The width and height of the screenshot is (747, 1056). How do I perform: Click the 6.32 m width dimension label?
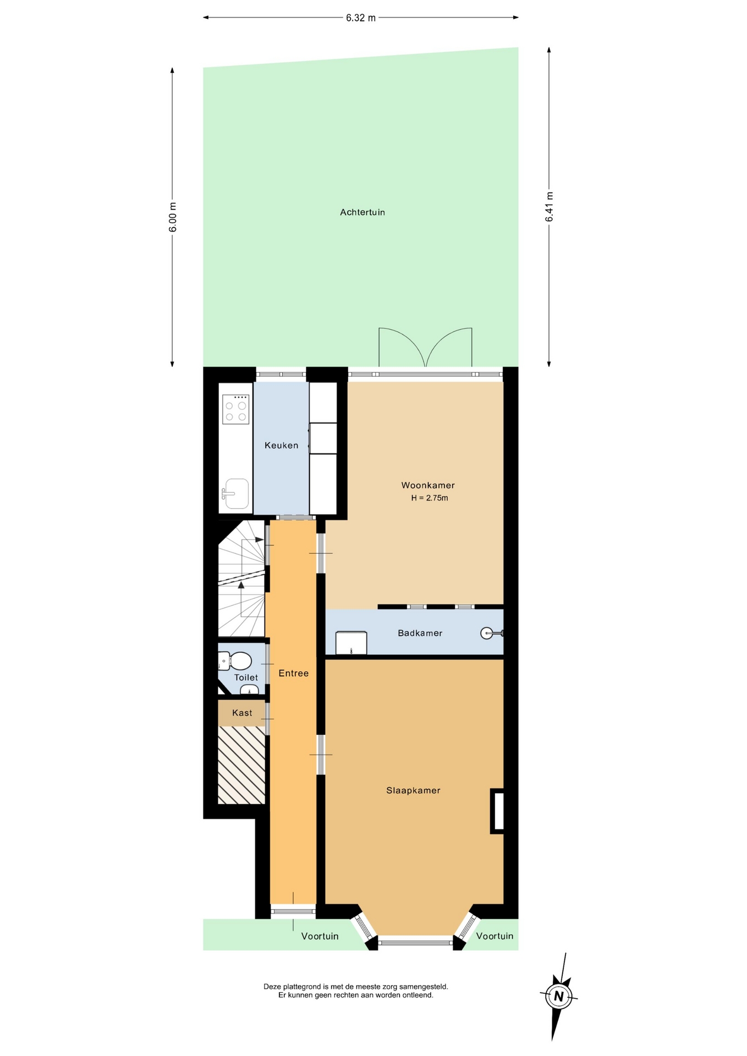click(x=360, y=18)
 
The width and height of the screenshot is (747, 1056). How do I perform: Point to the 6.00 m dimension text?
click(x=173, y=217)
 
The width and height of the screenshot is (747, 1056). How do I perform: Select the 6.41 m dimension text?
click(x=549, y=207)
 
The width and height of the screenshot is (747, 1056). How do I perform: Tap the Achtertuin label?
click(x=362, y=212)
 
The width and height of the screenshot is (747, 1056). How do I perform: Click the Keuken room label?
click(x=281, y=445)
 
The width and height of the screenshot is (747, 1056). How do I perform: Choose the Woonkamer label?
click(x=427, y=485)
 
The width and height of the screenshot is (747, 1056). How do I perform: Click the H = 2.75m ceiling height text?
click(x=429, y=498)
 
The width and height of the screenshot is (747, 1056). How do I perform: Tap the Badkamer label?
click(x=420, y=633)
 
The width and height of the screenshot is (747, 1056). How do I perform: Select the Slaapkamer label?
click(x=413, y=790)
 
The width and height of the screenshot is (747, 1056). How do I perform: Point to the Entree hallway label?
click(x=293, y=673)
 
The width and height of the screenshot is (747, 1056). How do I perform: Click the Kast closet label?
click(x=242, y=713)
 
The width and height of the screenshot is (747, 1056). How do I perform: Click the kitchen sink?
click(x=236, y=493)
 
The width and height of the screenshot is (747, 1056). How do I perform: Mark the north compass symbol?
click(x=559, y=996)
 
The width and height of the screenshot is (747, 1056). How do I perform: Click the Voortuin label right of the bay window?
click(x=495, y=936)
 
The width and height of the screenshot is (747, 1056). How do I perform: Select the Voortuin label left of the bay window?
click(x=320, y=936)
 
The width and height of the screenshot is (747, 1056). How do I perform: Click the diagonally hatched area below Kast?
click(x=241, y=765)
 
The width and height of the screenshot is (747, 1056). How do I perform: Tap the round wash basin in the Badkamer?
click(x=487, y=633)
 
